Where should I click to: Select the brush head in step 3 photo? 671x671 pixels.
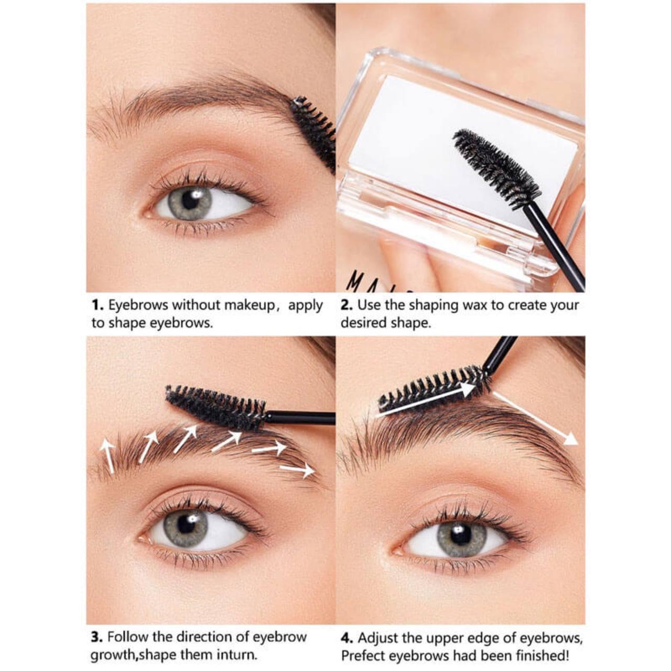(x=215, y=407)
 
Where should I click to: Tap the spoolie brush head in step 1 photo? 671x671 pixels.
(x=312, y=132)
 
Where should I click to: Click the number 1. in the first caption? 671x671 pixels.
(x=98, y=306)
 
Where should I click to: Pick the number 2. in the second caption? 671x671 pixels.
(x=348, y=306)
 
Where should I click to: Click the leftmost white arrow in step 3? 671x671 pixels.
(x=107, y=456)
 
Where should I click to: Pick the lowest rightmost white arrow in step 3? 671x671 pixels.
(x=298, y=470)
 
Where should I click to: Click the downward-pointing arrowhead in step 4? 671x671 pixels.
(x=570, y=440)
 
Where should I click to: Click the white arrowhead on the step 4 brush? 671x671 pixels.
(x=468, y=388)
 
